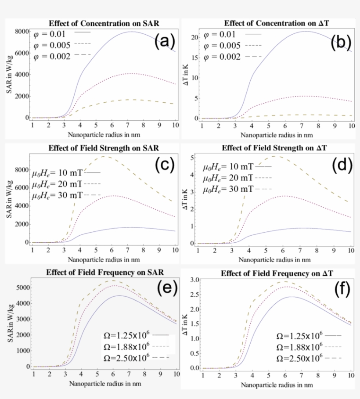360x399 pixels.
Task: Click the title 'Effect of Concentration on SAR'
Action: coord(104,23)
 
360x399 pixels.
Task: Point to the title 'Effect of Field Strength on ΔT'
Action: coord(277,147)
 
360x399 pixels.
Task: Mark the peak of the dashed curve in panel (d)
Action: coord(274,156)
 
